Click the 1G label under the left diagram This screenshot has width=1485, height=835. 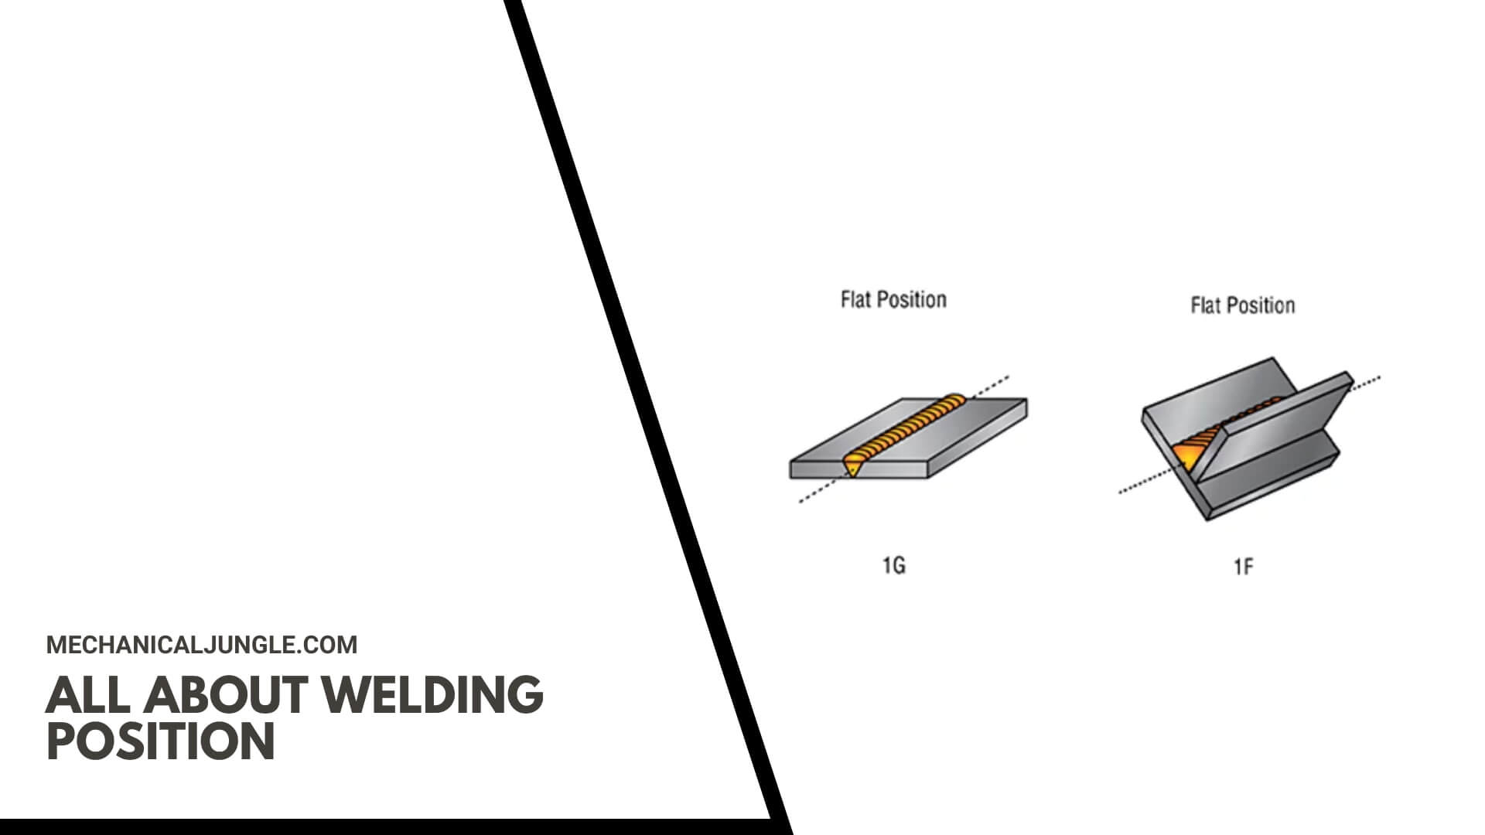893,566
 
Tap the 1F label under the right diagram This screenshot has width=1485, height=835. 1243,567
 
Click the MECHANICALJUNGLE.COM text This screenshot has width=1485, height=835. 202,645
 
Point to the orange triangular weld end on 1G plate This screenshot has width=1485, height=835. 852,466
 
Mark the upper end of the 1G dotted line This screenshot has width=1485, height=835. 1008,377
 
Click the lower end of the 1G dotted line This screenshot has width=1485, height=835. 800,502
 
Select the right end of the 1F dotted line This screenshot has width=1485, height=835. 1379,378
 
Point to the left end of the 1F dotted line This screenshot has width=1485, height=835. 1121,492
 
